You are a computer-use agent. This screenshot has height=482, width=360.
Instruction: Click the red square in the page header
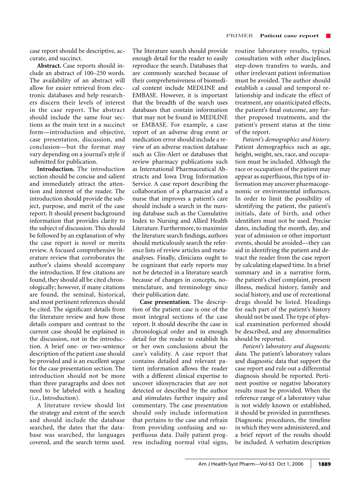[x=328, y=36]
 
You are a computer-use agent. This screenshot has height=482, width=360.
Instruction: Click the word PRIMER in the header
[x=239, y=36]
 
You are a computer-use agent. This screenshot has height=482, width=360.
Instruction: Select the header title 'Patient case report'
[x=289, y=36]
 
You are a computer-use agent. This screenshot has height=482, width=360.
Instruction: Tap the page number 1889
[x=324, y=464]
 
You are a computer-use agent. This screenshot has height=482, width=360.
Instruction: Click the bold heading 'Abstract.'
[x=49, y=66]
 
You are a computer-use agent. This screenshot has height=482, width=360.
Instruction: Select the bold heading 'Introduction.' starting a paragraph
[x=56, y=169]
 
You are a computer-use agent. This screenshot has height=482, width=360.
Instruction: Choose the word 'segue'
[x=117, y=361]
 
